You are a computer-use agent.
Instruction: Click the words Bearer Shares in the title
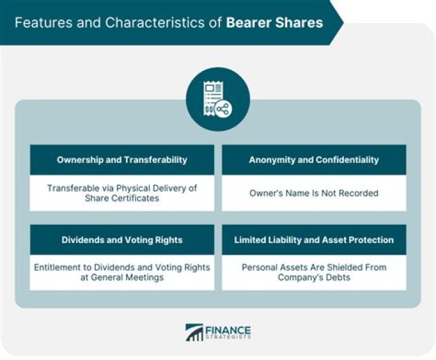(x=275, y=23)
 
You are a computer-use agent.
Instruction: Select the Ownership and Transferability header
(x=122, y=160)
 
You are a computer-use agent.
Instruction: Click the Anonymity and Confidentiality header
(x=314, y=160)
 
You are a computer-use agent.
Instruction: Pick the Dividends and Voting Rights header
(x=122, y=240)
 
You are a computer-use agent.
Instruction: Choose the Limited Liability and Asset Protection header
(x=314, y=240)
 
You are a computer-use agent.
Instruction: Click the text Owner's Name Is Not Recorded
(x=314, y=193)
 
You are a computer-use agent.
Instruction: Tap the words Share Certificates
(x=122, y=198)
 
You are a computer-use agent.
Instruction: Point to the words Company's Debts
(x=314, y=278)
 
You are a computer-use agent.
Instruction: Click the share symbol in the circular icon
(x=223, y=110)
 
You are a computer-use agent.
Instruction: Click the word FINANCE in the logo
(x=229, y=330)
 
